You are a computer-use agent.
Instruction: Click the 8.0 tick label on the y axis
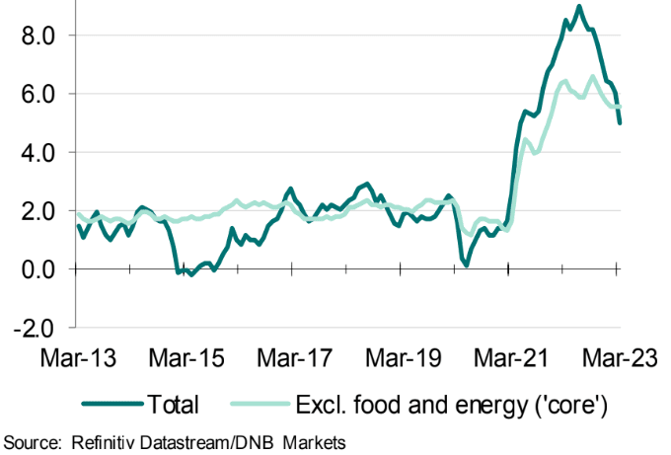pos(36,36)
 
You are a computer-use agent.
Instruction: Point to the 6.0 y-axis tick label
pos(36,94)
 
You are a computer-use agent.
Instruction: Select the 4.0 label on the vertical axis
pos(36,152)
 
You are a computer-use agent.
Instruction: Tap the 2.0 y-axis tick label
pos(36,210)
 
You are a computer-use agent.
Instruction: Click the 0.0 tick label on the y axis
pos(36,268)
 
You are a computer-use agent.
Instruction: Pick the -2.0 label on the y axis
pos(32,327)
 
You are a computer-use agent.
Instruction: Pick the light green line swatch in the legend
pos(261,404)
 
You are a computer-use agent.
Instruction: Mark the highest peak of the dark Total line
pos(578,7)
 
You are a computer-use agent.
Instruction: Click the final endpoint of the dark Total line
pos(620,122)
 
